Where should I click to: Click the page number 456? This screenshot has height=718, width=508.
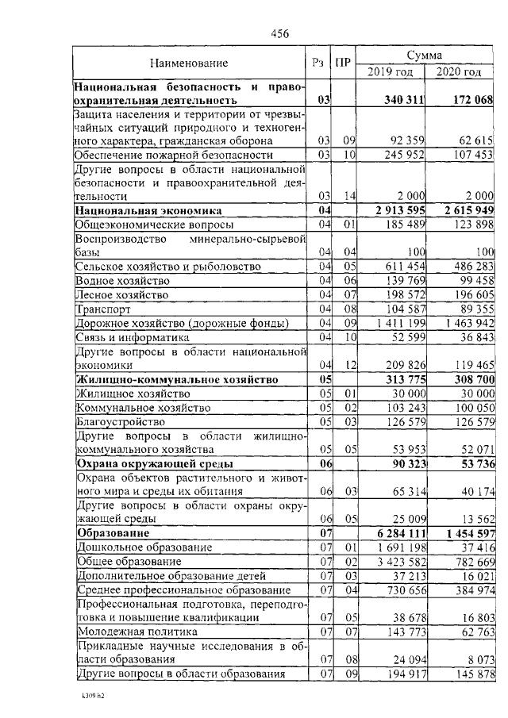tap(279, 33)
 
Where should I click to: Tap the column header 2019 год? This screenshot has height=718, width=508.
tap(390, 72)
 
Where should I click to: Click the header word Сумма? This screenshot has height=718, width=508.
tap(424, 55)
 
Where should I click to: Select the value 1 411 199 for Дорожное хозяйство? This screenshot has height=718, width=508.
tap(394, 324)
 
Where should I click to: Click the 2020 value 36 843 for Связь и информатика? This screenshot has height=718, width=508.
tap(469, 338)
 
